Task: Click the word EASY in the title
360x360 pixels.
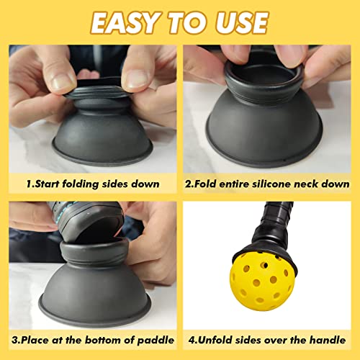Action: tap(128, 22)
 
